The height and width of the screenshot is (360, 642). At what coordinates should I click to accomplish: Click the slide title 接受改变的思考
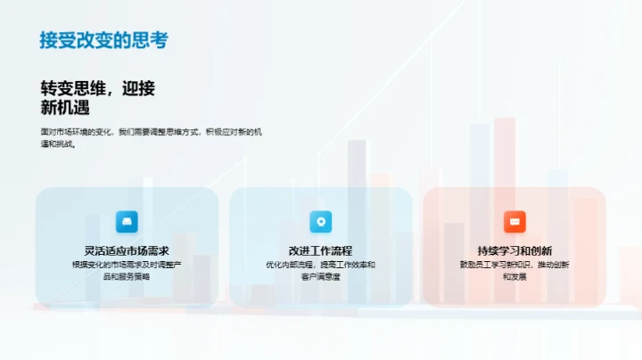tap(103, 40)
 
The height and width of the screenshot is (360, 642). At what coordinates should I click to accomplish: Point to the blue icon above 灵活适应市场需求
tap(127, 222)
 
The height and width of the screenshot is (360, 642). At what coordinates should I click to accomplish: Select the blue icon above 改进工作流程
tap(321, 222)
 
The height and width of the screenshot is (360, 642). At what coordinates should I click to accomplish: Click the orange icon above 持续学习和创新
tap(514, 222)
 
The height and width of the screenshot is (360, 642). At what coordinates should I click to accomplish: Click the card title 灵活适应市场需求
tap(127, 250)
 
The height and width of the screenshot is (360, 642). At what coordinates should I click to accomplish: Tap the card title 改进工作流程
tap(321, 250)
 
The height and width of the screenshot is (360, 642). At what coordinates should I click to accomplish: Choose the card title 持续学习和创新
tap(514, 250)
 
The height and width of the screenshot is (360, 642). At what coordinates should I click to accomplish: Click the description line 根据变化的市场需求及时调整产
tap(127, 265)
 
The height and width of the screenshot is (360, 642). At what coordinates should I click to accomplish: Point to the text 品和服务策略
tap(127, 276)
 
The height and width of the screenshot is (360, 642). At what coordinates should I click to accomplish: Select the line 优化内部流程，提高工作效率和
tap(321, 265)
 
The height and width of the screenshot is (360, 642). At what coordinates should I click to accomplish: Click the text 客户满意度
tap(321, 276)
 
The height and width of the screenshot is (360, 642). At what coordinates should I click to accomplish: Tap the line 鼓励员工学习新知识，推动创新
tap(514, 265)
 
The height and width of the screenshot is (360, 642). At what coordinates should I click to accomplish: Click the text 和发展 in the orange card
tap(514, 276)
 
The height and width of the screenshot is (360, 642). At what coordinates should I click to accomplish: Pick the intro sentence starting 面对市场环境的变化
tap(151, 132)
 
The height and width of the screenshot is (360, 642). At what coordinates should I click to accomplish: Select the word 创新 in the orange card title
tap(540, 250)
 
